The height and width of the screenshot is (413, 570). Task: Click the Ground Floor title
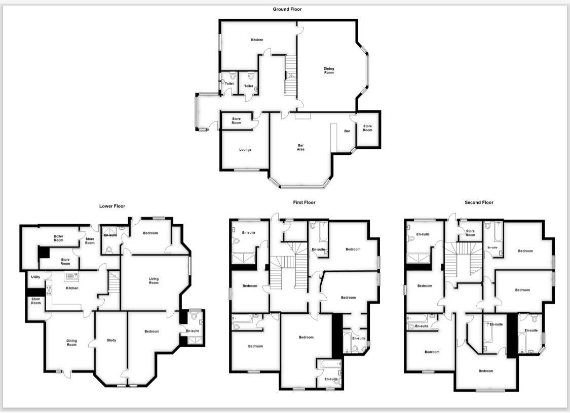287,9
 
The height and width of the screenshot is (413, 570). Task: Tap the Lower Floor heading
112,206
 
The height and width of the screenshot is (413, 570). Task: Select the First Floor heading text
304,202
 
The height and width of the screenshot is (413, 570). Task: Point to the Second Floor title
479,202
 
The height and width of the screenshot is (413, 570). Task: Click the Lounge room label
245,150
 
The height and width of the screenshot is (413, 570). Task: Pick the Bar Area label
300,147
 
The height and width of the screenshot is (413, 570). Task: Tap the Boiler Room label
59,238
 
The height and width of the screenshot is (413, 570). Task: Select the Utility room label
35,277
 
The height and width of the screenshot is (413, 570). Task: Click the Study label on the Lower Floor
111,340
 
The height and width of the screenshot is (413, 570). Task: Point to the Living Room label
154,280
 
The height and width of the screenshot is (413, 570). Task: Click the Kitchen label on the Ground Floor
257,39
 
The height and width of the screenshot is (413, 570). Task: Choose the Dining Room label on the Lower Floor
71,343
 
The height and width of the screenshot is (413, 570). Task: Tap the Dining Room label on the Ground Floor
329,70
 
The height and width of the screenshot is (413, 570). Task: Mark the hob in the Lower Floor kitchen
49,291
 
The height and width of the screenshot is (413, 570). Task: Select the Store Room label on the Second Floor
470,233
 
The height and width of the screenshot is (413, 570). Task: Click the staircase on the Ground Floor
290,76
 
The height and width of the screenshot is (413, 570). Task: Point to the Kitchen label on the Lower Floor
72,288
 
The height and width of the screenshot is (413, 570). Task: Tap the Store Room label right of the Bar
367,128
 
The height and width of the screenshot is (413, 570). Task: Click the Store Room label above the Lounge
237,121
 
